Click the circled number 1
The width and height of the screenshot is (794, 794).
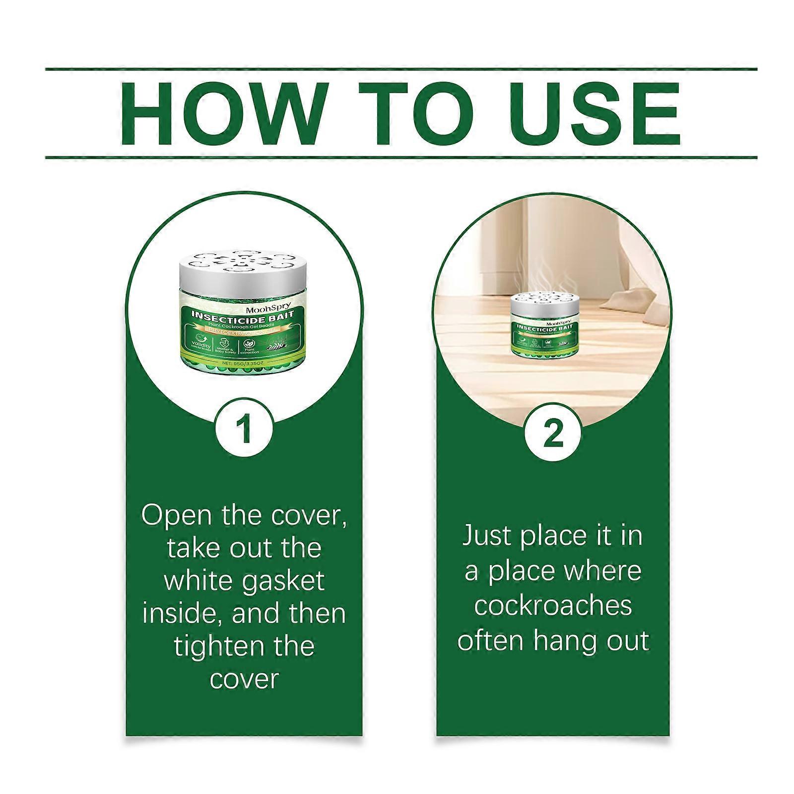tap(244, 429)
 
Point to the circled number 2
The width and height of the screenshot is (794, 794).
tap(553, 434)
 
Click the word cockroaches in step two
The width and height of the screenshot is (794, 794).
tap(553, 605)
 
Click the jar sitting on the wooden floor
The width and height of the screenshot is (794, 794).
tap(543, 328)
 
